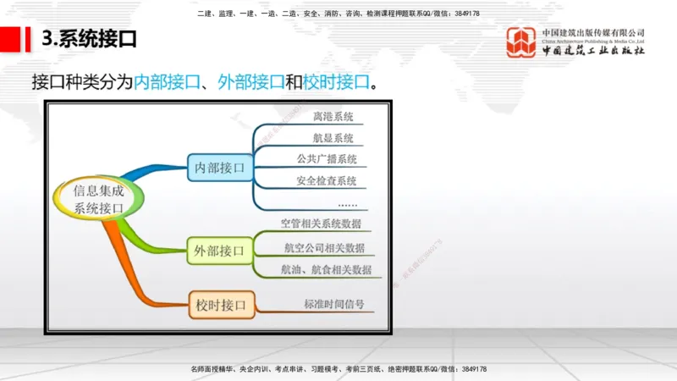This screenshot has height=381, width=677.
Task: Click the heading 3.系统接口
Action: click(x=89, y=39)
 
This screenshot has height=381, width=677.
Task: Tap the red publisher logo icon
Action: click(x=520, y=42)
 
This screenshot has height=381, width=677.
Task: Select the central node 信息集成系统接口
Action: click(x=99, y=198)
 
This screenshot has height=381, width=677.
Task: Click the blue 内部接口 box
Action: click(x=219, y=168)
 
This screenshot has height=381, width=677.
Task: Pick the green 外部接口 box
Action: click(x=219, y=251)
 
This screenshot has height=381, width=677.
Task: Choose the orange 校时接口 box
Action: click(x=220, y=304)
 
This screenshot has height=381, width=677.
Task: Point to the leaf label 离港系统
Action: click(x=333, y=117)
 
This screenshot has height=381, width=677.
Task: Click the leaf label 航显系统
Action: click(x=333, y=138)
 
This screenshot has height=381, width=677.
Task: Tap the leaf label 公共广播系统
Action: click(x=327, y=159)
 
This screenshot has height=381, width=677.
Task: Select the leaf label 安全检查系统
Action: click(x=327, y=180)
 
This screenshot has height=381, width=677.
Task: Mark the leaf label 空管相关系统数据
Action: click(x=321, y=224)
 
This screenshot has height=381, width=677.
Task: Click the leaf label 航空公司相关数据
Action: click(x=324, y=247)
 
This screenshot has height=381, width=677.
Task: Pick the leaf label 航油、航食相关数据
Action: click(x=327, y=269)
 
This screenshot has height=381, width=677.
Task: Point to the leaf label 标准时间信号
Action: click(x=333, y=303)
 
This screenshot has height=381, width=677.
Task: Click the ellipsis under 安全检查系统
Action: click(x=347, y=204)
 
